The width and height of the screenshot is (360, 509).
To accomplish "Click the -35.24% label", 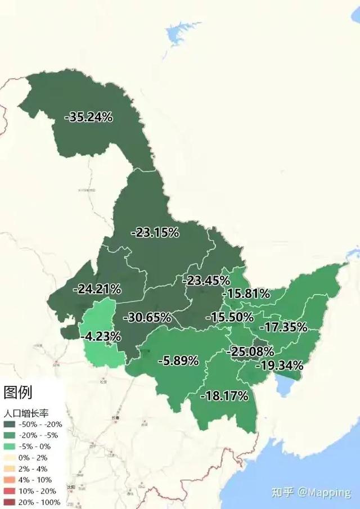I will pyautogui.click(x=89, y=118).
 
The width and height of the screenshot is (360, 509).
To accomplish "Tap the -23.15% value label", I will pyautogui.click(x=155, y=232).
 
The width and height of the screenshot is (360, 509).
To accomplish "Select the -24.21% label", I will pyautogui.click(x=97, y=289).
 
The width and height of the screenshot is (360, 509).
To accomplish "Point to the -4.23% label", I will pyautogui.click(x=101, y=337).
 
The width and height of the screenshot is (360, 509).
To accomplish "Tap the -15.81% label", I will pyautogui.click(x=246, y=294).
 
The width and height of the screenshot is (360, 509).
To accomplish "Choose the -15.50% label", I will pyautogui.click(x=229, y=317).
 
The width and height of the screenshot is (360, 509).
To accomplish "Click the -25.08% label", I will pyautogui.click(x=250, y=352).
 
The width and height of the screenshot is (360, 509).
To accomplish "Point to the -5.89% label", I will pyautogui.click(x=178, y=361).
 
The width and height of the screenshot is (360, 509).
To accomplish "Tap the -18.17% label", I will pyautogui.click(x=224, y=396).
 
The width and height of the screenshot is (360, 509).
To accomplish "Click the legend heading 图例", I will pyautogui.click(x=18, y=391).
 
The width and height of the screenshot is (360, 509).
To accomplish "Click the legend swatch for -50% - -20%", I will pyautogui.click(x=11, y=425).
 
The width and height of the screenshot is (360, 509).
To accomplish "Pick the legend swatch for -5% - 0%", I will pyautogui.click(x=11, y=447).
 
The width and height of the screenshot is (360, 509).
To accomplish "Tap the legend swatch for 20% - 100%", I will pyautogui.click(x=11, y=502).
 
